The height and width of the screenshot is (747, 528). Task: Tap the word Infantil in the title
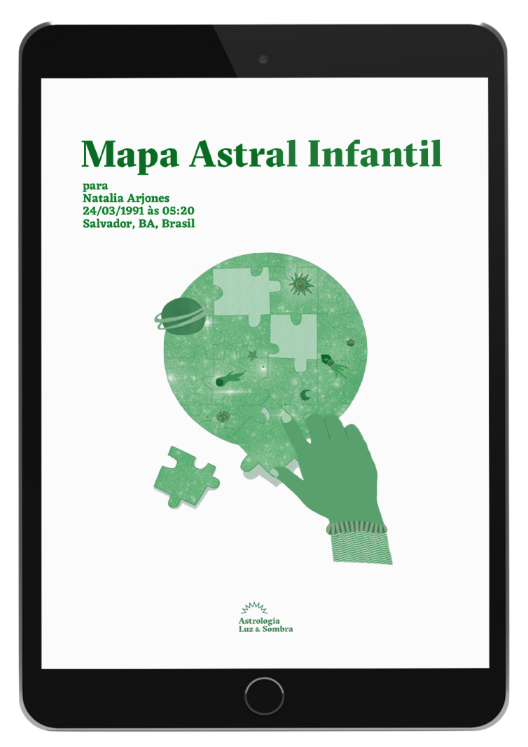pos(375,152)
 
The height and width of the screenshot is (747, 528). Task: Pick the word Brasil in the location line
pos(179,224)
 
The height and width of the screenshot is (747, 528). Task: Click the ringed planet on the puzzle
pos(181,315)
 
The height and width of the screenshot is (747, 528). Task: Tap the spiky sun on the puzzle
pos(300,283)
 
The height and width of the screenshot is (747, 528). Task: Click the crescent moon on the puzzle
pos(305,395)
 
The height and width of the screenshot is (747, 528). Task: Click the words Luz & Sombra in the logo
pos(265,629)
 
